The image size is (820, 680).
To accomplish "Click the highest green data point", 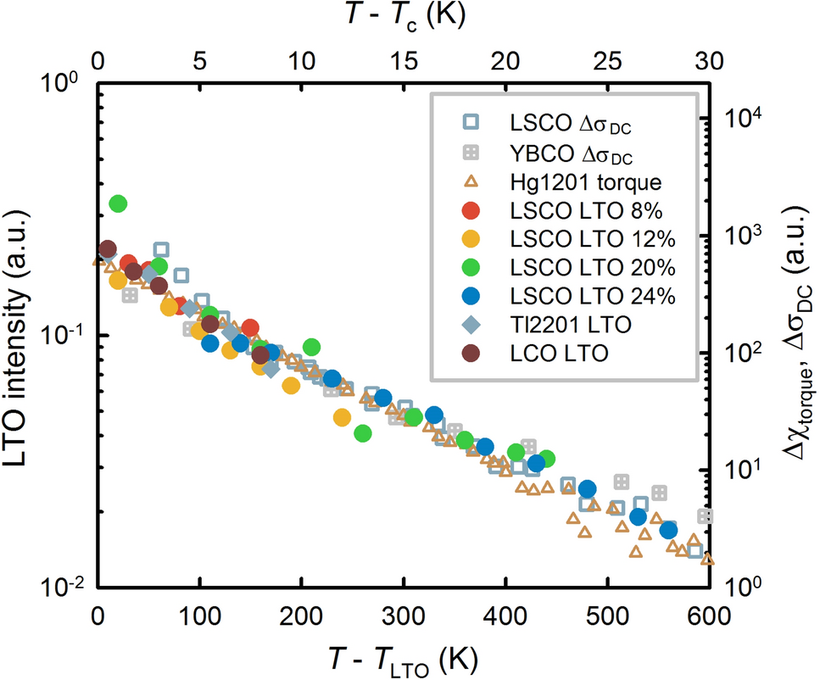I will (118, 203).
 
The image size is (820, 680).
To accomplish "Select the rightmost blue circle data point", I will (668, 530).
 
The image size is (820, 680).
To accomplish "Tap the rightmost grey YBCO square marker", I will (705, 516).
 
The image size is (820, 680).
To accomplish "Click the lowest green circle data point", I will (363, 433).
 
